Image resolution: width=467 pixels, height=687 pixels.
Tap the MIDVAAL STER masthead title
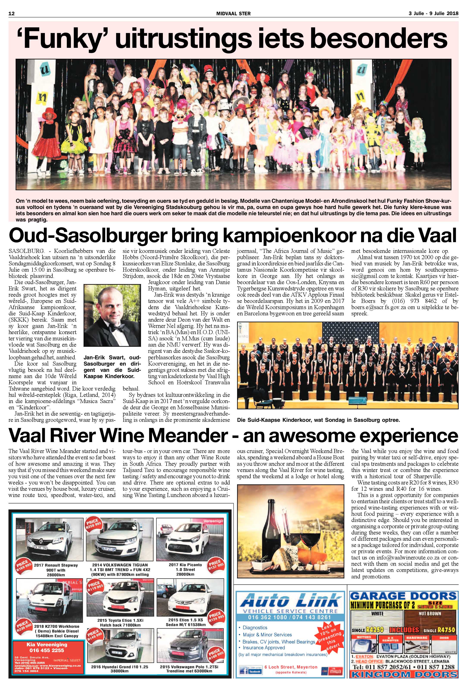tap(233, 13)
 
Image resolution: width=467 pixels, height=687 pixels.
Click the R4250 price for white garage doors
tap(374, 630)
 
